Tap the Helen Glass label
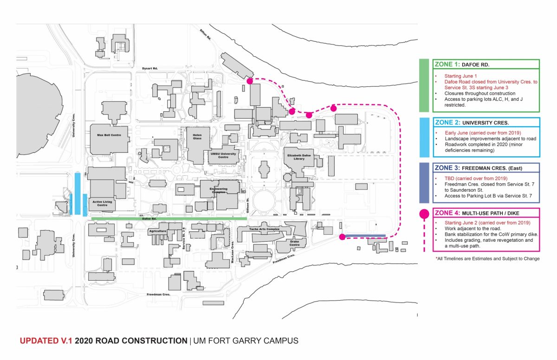click(x=198, y=137)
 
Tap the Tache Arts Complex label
click(x=264, y=229)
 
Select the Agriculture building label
click(x=157, y=231)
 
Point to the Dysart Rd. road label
click(x=150, y=69)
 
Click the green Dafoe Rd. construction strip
click(x=168, y=218)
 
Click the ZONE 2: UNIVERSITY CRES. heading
click(x=472, y=123)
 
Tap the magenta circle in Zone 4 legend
click(x=424, y=214)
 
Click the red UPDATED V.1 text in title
click(x=46, y=341)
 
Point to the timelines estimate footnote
click(x=487, y=258)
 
